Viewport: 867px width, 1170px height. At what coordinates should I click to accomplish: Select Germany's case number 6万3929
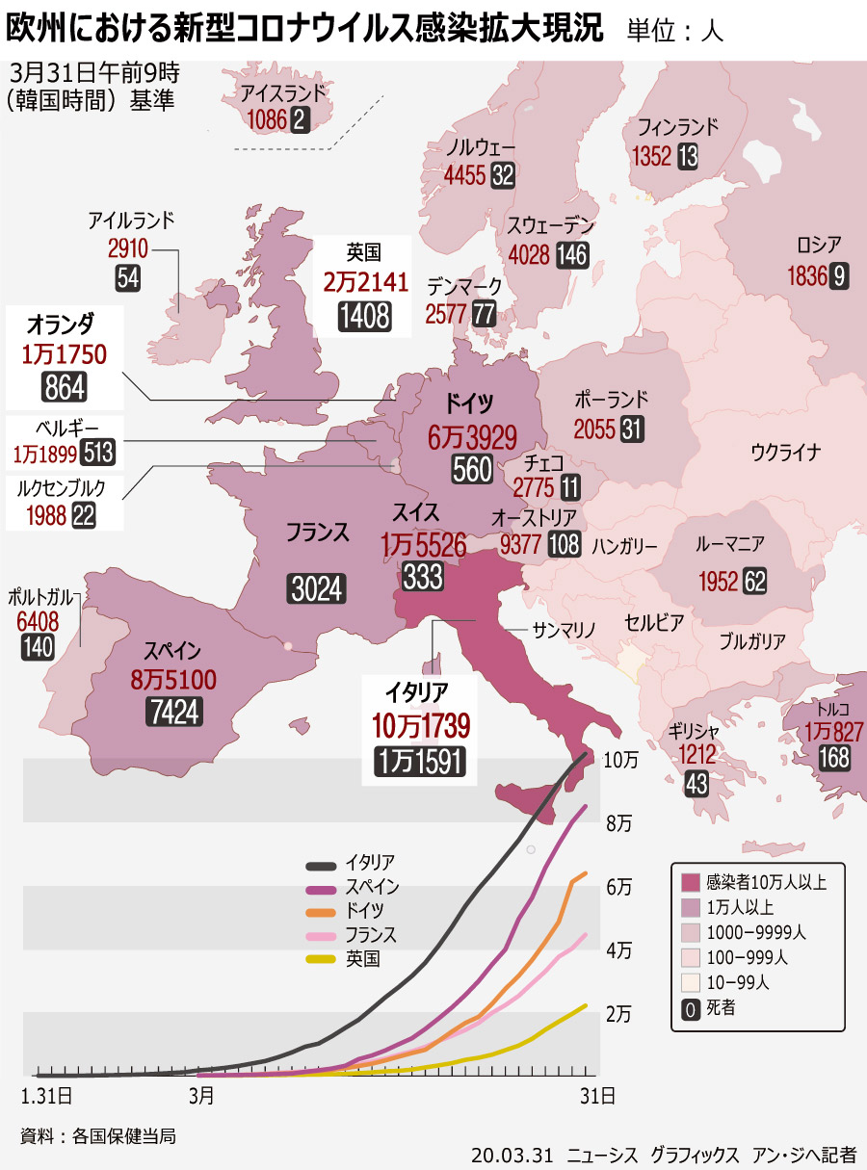coord(474,436)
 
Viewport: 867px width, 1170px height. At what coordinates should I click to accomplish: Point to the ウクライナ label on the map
coord(785,452)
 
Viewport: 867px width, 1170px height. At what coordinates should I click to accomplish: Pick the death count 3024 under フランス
coord(317,588)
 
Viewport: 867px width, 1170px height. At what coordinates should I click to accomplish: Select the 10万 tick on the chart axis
coord(621,759)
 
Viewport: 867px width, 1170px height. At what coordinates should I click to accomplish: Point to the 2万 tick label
coord(619,1013)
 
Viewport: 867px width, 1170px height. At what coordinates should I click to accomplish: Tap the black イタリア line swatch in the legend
coord(321,864)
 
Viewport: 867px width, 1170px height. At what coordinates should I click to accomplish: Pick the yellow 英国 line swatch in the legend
coord(321,958)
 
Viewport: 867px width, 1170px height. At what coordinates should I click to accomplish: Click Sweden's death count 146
coord(572,254)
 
